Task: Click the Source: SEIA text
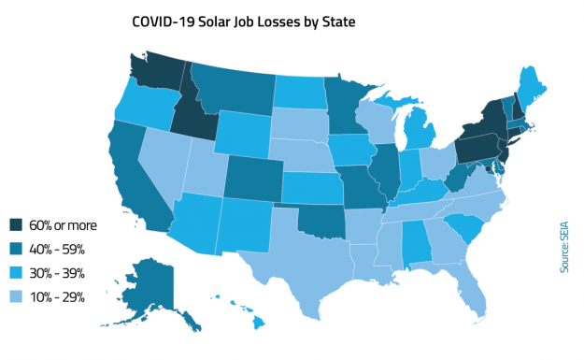tap(564, 246)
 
